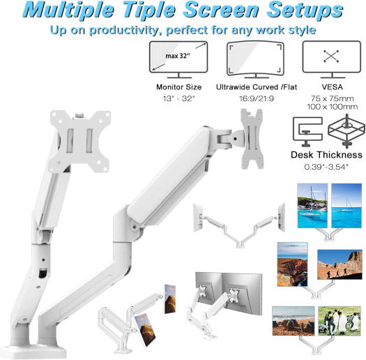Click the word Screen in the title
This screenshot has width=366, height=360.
click(x=220, y=10)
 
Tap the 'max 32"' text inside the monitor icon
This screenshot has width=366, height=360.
click(x=178, y=56)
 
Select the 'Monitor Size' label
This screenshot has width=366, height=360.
click(x=178, y=87)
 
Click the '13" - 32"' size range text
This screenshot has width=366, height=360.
click(x=178, y=98)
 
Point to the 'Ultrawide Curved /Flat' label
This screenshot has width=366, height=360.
click(x=257, y=87)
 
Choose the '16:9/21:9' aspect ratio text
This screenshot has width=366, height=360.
click(x=257, y=98)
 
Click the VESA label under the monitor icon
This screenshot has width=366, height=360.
click(x=332, y=87)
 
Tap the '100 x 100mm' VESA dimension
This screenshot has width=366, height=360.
click(x=332, y=107)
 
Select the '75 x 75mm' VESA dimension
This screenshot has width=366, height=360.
click(x=332, y=98)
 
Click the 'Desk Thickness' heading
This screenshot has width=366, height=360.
click(x=326, y=155)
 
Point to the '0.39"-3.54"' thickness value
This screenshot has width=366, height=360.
click(x=326, y=167)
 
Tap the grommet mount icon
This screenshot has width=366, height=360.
click(x=346, y=131)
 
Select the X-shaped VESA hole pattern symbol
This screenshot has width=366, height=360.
click(x=331, y=56)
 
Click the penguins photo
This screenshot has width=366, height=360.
click(x=340, y=321)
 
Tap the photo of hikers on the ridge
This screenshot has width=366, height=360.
click(x=340, y=264)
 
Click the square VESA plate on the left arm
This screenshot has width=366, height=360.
click(x=79, y=141)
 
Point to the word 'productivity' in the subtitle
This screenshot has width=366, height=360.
click(x=125, y=31)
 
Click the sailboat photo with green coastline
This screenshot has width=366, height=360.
click(x=312, y=206)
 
